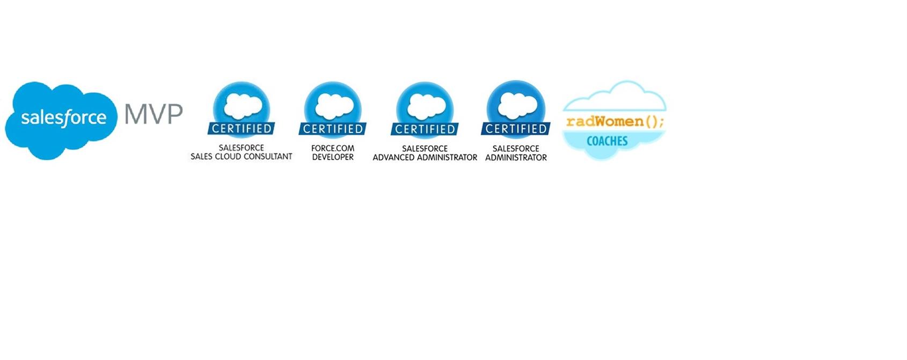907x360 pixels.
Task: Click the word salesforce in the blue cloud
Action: click(63, 117)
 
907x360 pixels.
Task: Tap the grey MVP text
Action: click(153, 114)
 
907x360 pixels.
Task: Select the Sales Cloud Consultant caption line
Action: click(242, 157)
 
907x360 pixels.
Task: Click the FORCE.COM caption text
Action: click(333, 148)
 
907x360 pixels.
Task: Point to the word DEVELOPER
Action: click(333, 157)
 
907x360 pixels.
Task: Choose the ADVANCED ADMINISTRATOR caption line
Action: click(425, 158)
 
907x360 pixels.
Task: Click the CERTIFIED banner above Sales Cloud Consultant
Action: click(242, 129)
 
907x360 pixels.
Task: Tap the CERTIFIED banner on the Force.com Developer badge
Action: click(333, 129)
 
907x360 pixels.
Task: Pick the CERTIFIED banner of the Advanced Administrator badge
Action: click(425, 129)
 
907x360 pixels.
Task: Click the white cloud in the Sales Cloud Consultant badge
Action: click(243, 105)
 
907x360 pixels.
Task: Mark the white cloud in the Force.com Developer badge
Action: click(334, 105)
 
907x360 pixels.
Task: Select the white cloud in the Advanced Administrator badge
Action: click(426, 105)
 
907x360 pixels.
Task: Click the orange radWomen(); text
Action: click(615, 122)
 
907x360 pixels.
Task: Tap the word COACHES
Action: click(607, 141)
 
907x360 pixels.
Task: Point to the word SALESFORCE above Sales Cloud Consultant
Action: click(242, 148)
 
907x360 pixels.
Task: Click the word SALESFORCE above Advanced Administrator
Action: click(425, 149)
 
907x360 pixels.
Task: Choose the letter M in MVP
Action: click(135, 114)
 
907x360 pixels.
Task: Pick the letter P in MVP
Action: click(174, 114)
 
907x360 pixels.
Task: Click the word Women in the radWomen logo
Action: click(619, 122)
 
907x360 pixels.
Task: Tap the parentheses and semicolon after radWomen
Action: click(655, 122)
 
